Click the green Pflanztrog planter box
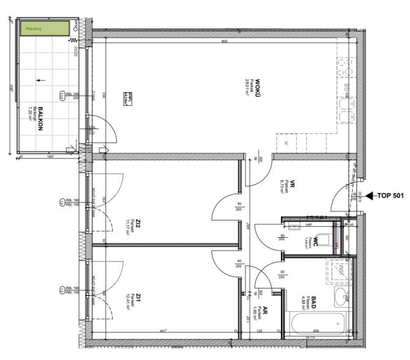click(44, 28)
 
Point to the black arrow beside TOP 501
click(369, 196)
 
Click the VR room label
click(293, 183)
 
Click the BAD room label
click(313, 303)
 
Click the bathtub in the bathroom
click(316, 324)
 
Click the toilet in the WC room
click(336, 237)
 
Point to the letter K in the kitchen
click(286, 142)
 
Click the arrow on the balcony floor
click(40, 79)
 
